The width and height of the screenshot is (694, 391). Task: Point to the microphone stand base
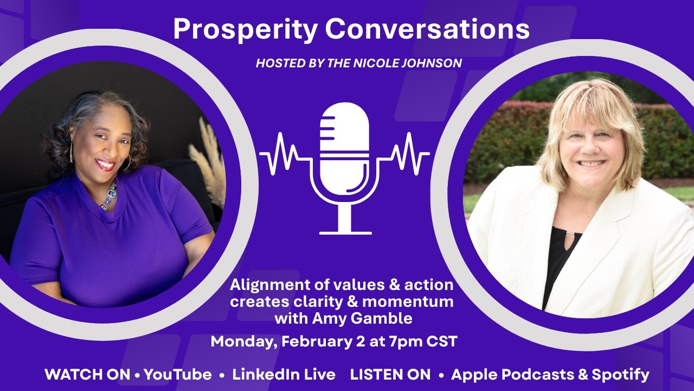345,232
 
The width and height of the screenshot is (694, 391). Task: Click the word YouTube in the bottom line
178,374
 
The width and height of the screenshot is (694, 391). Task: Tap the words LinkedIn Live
284,374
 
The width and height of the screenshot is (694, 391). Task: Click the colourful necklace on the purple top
108,197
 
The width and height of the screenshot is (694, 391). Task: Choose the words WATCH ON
87,374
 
